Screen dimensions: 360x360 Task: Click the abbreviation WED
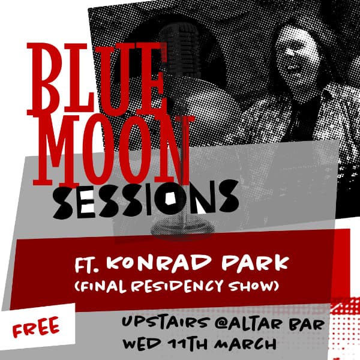(140, 345)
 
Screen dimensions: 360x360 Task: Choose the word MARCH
(246, 345)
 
